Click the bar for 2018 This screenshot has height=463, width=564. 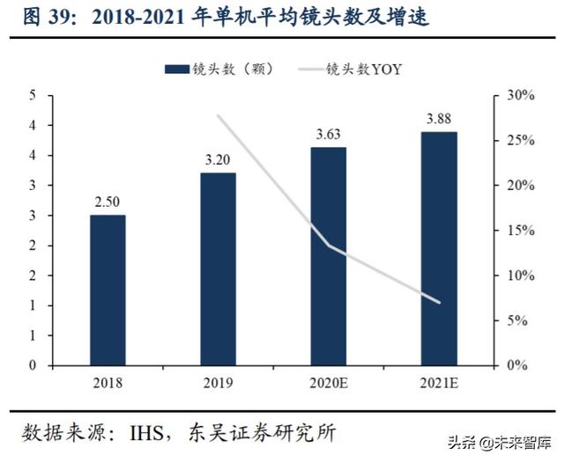(108, 290)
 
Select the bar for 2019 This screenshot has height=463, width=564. (218, 268)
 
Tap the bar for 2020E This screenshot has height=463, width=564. (329, 255)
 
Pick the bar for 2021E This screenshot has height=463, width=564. (439, 248)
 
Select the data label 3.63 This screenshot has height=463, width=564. (329, 135)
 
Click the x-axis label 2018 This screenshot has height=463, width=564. (108, 383)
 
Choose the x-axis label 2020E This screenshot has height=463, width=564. (329, 383)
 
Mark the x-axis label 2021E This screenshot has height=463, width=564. (439, 383)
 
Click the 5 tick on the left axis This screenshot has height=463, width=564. (32, 95)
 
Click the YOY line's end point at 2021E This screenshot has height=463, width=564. (439, 302)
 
